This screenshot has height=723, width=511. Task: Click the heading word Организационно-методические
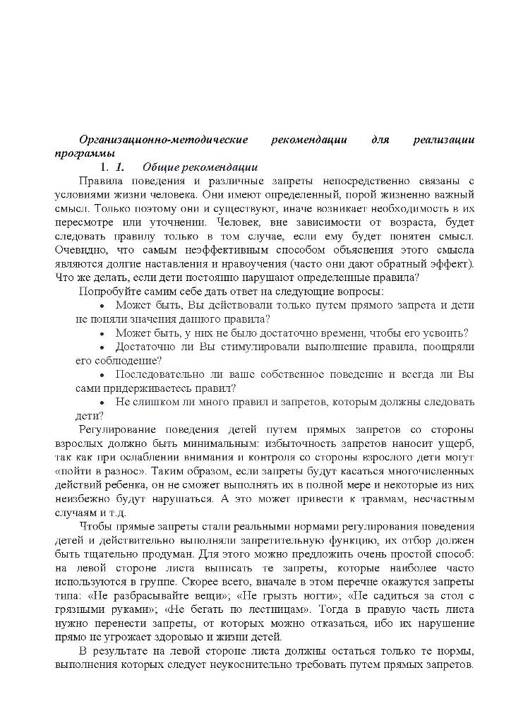(163, 140)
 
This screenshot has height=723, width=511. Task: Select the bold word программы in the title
(84, 153)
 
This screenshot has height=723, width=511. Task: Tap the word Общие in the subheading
(159, 167)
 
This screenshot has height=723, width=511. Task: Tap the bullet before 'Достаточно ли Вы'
(103, 347)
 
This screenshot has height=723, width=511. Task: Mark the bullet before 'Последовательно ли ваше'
(103, 374)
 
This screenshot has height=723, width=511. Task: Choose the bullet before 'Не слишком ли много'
(103, 402)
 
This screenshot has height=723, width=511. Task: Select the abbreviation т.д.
(119, 513)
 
